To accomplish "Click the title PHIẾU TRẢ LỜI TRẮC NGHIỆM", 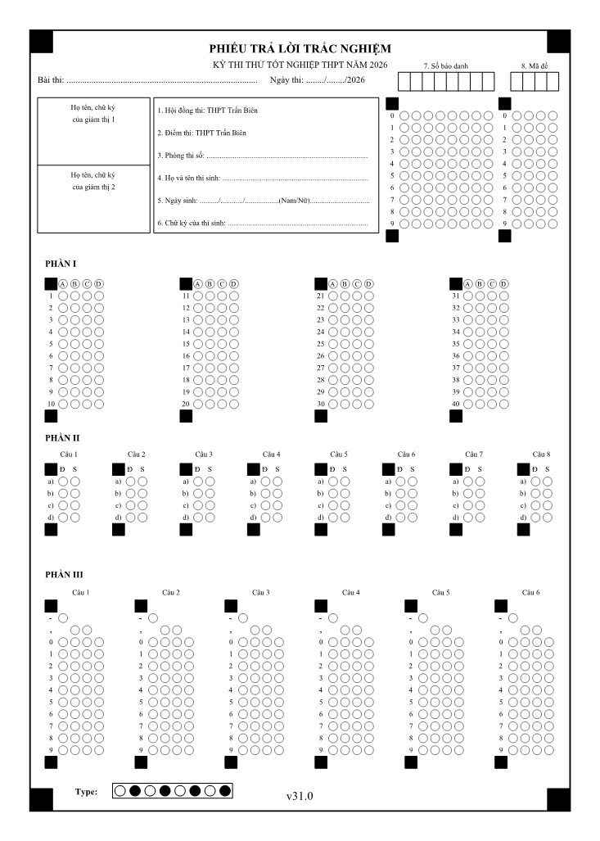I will [x=300, y=48].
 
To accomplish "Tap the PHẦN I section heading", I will [x=61, y=264].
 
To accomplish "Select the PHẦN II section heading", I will [x=62, y=438].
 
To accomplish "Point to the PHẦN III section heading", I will [x=64, y=574].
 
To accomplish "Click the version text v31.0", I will [x=300, y=795].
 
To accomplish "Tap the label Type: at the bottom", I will [x=86, y=791].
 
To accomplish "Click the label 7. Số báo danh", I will [x=446, y=65].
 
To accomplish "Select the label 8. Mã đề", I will [x=535, y=65].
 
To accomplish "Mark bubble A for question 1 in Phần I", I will [x=63, y=296].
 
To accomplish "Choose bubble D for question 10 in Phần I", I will [x=99, y=404].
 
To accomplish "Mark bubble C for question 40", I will [x=492, y=404].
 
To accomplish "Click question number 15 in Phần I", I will [x=186, y=344].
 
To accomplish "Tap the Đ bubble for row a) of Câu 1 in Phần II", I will [x=63, y=482].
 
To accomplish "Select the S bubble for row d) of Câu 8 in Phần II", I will [x=548, y=518].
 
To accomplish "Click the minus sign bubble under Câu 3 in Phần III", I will [x=243, y=618].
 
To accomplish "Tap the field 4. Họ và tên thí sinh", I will [x=262, y=178].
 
